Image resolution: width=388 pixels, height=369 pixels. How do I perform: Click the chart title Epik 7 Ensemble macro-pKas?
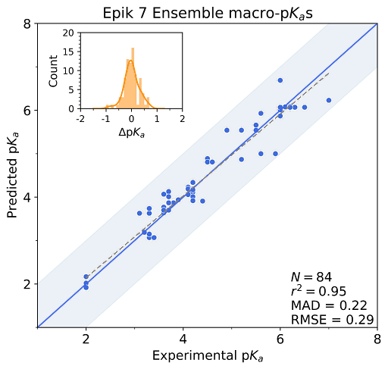(208, 14)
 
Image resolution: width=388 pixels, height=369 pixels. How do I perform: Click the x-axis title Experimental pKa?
(208, 356)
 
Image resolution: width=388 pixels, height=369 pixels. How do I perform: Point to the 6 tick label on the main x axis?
(280, 339)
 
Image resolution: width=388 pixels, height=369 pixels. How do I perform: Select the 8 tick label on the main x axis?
(377, 339)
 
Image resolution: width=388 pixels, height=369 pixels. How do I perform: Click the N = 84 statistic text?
(311, 277)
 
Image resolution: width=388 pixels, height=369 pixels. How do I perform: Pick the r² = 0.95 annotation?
(318, 291)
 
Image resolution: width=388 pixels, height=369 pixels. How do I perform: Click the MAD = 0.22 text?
(329, 305)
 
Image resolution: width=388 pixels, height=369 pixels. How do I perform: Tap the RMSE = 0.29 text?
(332, 320)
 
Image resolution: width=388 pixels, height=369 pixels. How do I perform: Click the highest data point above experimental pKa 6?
(280, 80)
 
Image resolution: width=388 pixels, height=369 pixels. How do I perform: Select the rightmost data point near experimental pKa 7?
(329, 100)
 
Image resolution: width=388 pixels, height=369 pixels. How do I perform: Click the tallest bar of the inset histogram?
(133, 78)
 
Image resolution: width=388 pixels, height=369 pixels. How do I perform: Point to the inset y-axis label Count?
(53, 71)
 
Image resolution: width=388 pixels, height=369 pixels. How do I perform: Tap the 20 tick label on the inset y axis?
(68, 33)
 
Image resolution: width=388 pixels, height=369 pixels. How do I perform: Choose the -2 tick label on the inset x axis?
(80, 118)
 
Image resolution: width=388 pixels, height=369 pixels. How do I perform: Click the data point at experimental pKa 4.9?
(227, 130)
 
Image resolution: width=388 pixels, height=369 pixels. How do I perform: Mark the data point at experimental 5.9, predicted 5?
(275, 154)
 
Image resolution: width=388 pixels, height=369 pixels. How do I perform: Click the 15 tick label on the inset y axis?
(68, 52)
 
